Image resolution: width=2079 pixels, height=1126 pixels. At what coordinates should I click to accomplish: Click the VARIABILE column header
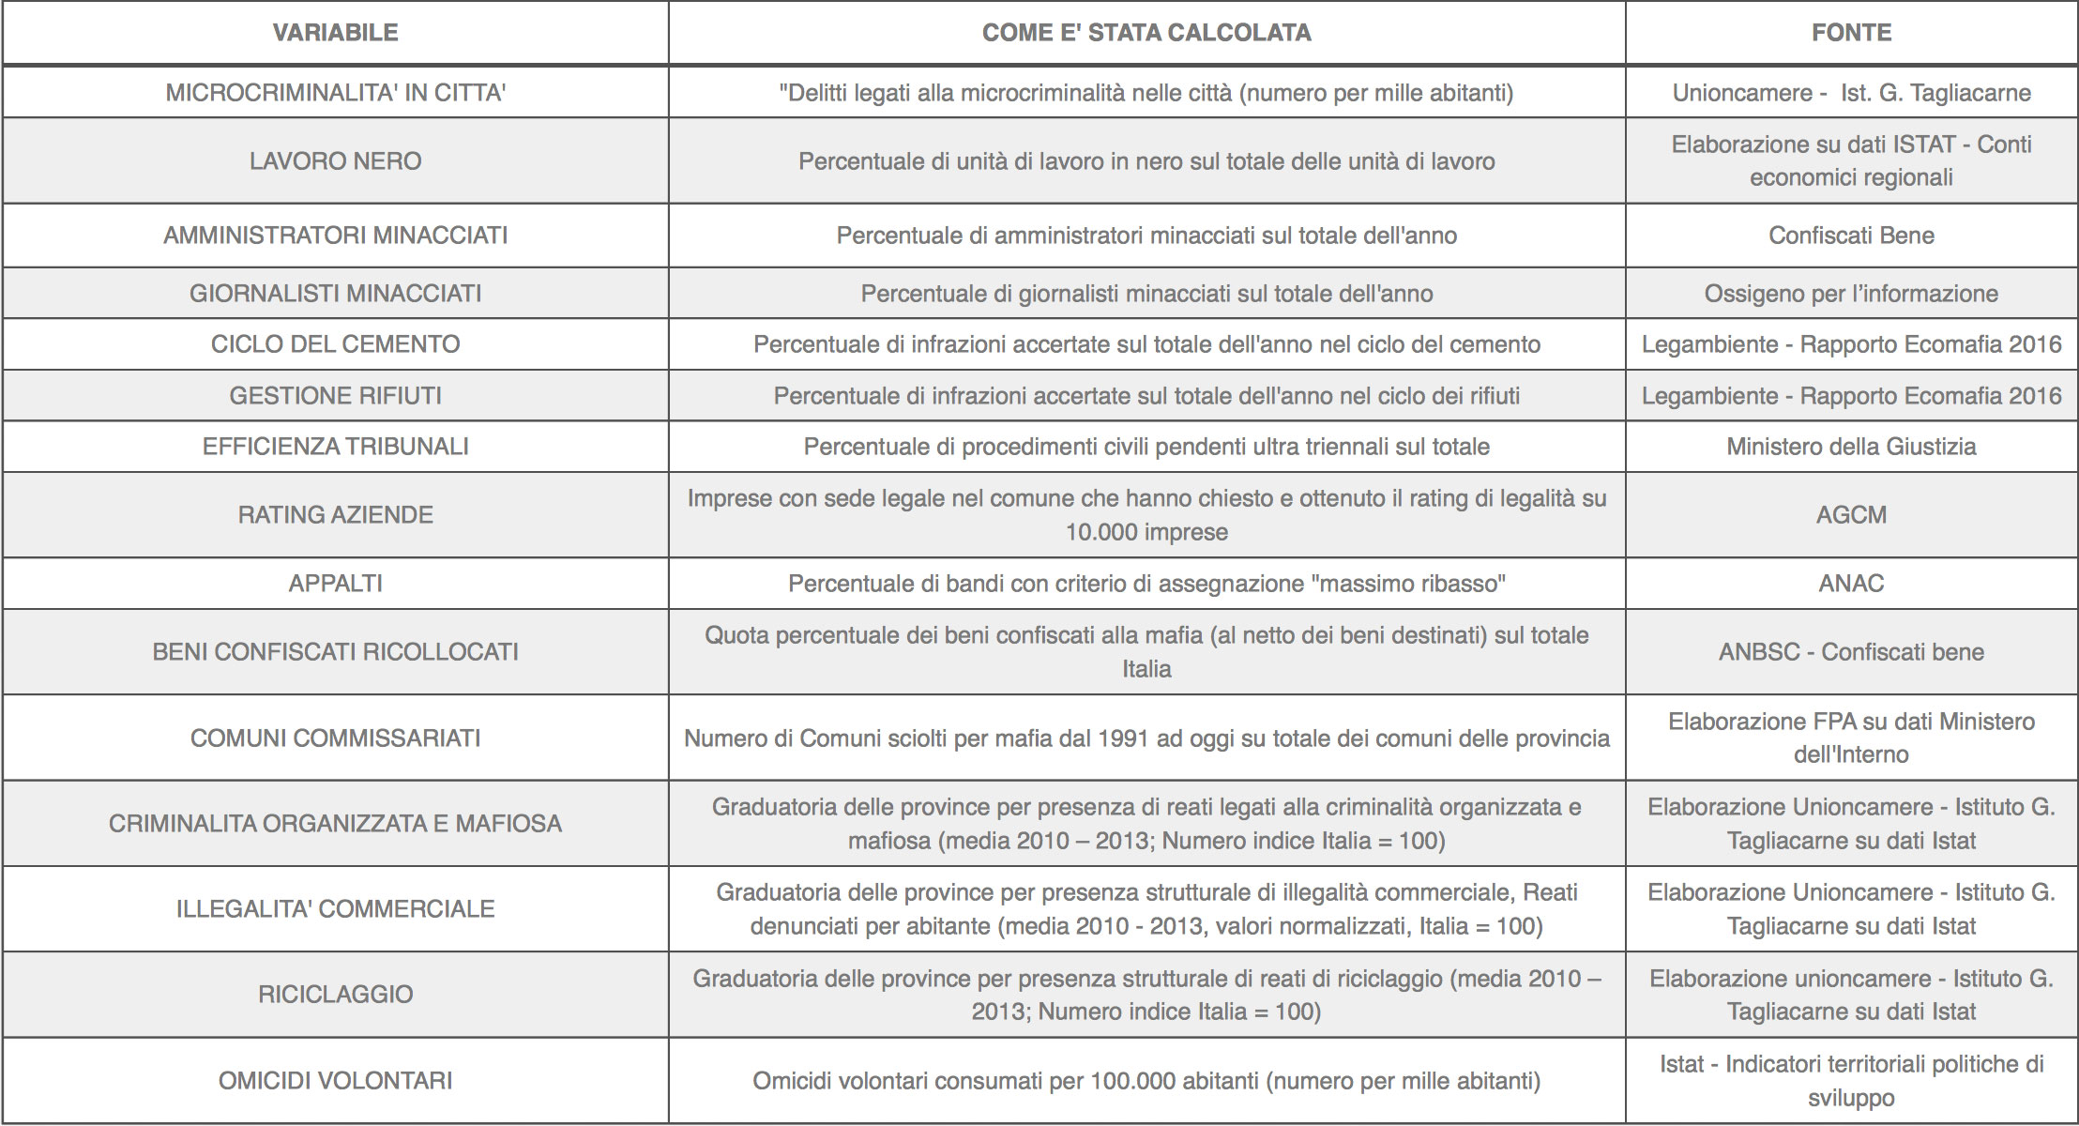coord(335,33)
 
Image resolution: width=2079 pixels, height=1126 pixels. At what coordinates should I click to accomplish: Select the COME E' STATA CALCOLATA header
coord(1146,33)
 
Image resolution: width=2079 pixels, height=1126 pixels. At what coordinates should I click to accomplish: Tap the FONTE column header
coord(1851,33)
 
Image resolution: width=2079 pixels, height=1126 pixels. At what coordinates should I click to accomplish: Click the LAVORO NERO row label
coord(335,161)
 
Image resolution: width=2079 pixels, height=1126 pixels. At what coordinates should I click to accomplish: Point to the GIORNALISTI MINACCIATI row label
coord(335,294)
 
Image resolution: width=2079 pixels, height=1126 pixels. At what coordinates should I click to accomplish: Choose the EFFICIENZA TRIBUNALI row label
coord(335,447)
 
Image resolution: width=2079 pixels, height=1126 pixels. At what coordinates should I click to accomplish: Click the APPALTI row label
coord(335,584)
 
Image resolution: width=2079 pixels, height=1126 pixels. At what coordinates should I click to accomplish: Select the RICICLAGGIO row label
coord(335,995)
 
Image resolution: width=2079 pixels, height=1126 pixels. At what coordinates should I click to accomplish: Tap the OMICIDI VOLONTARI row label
coord(335,1081)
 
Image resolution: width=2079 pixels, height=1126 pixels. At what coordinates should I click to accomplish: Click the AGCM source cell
coord(1851,515)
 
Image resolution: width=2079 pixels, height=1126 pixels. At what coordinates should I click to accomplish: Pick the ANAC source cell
coord(1851,584)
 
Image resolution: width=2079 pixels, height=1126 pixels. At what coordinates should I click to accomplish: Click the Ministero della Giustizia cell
coord(1851,447)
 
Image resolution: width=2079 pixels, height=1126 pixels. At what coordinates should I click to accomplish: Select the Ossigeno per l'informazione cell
coord(1851,294)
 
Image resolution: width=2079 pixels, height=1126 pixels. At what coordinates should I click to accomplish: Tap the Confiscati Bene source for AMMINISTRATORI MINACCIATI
coord(1851,236)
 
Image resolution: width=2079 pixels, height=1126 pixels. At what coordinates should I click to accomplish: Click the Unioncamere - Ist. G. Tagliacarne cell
coord(1851,93)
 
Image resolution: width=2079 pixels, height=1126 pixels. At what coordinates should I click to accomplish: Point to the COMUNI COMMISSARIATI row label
coord(335,738)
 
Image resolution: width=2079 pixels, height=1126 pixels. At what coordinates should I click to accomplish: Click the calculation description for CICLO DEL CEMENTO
coord(1146,344)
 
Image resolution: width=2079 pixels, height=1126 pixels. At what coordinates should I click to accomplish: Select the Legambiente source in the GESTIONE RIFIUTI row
coord(1851,396)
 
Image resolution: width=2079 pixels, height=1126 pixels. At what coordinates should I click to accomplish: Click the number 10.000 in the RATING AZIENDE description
coord(1098,532)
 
